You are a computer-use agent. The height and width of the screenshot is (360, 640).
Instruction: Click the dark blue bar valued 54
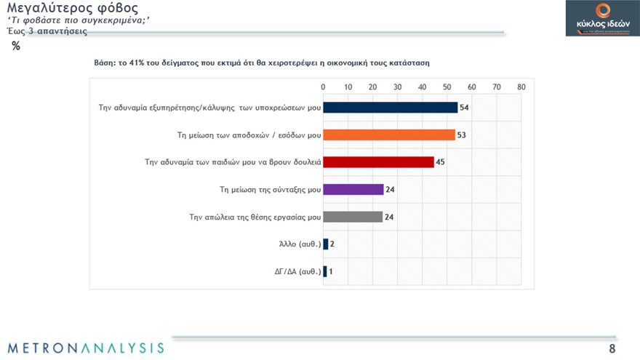tap(390, 108)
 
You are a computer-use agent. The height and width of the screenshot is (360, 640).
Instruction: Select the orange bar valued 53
tap(388, 135)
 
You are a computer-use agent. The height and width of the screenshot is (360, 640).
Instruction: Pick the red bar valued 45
tap(378, 161)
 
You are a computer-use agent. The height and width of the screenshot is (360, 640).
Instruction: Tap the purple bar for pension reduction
tap(353, 189)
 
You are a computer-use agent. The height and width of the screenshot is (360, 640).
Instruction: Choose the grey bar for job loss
tap(353, 217)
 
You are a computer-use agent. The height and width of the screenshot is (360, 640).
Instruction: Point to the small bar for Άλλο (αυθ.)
tap(326, 244)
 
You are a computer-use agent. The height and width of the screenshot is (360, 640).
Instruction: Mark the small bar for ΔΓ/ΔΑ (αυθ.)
tap(325, 271)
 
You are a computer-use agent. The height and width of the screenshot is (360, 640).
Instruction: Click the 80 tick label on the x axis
tap(521, 87)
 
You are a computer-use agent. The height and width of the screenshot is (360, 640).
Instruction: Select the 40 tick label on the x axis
tap(422, 87)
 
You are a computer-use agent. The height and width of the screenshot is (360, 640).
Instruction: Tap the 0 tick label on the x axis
tap(324, 87)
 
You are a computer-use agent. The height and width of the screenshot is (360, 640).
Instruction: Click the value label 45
tap(440, 162)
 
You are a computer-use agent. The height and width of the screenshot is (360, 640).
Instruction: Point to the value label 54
tap(463, 108)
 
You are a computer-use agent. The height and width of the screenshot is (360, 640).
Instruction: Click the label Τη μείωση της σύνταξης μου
tap(270, 189)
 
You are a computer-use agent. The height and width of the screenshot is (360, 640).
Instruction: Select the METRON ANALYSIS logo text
tap(86, 347)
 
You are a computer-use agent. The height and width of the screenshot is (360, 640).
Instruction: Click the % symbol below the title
tap(16, 46)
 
